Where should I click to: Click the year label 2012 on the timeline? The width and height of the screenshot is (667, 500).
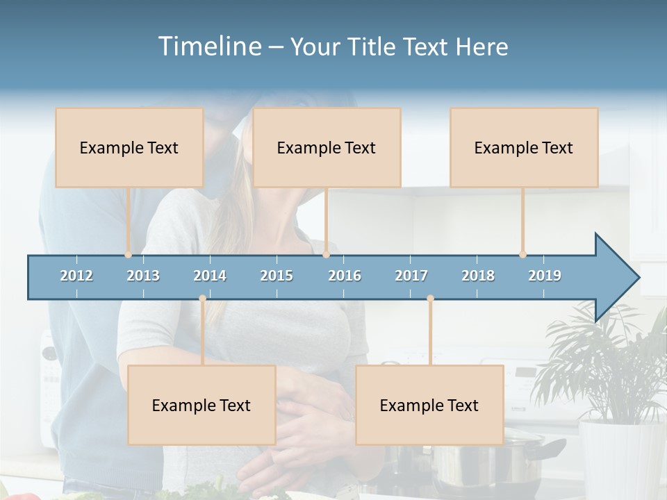(x=76, y=276)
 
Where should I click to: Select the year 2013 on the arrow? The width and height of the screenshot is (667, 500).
(x=143, y=276)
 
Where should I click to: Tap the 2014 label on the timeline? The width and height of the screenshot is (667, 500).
(x=210, y=276)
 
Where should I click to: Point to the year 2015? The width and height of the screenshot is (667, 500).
(x=277, y=276)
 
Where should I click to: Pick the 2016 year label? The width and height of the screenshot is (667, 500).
(x=345, y=276)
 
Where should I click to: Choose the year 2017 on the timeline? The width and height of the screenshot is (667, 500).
(x=411, y=276)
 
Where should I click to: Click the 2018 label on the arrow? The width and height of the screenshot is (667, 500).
(x=478, y=276)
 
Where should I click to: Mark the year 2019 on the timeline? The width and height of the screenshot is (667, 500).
(x=545, y=276)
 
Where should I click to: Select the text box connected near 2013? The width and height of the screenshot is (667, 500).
(x=129, y=147)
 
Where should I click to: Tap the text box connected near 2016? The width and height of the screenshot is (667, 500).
(x=327, y=147)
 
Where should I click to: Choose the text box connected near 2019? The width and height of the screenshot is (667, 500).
(x=524, y=147)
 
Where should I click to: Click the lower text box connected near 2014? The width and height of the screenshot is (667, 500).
(x=201, y=405)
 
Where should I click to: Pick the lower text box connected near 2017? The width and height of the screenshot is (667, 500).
(x=429, y=405)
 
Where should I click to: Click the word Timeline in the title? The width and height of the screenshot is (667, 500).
(x=209, y=47)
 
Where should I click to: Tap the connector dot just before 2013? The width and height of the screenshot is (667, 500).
(x=129, y=255)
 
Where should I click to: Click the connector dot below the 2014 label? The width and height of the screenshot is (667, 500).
(x=202, y=299)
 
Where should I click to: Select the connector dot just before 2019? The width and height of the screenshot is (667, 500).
(x=523, y=255)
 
